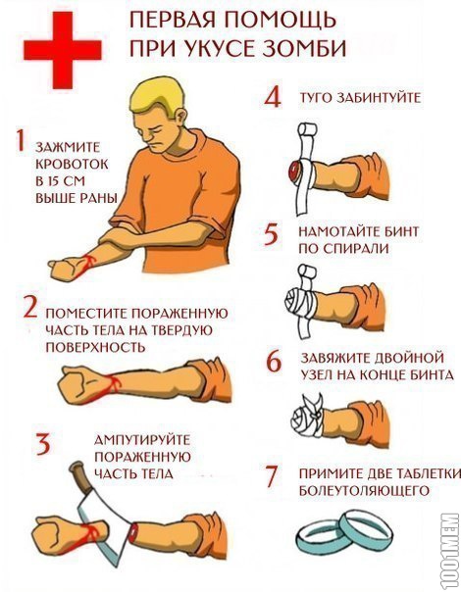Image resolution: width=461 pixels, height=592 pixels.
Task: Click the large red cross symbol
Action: [63, 50]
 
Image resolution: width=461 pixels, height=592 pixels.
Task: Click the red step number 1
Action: [20, 140]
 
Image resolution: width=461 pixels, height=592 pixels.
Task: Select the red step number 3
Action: [43, 444]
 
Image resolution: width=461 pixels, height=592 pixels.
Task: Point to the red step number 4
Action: [273, 98]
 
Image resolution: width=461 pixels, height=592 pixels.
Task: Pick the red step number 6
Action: [274, 362]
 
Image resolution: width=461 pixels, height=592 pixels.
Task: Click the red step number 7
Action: [272, 476]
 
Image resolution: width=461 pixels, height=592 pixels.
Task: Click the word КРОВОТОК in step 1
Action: [72, 165]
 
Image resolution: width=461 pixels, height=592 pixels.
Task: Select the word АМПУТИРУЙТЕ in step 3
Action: [142, 440]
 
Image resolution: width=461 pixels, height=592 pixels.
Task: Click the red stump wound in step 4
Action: [294, 171]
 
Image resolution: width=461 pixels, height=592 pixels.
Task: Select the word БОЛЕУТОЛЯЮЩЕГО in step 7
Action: [364, 490]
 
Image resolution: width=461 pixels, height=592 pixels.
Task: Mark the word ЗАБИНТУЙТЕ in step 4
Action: [377, 98]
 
